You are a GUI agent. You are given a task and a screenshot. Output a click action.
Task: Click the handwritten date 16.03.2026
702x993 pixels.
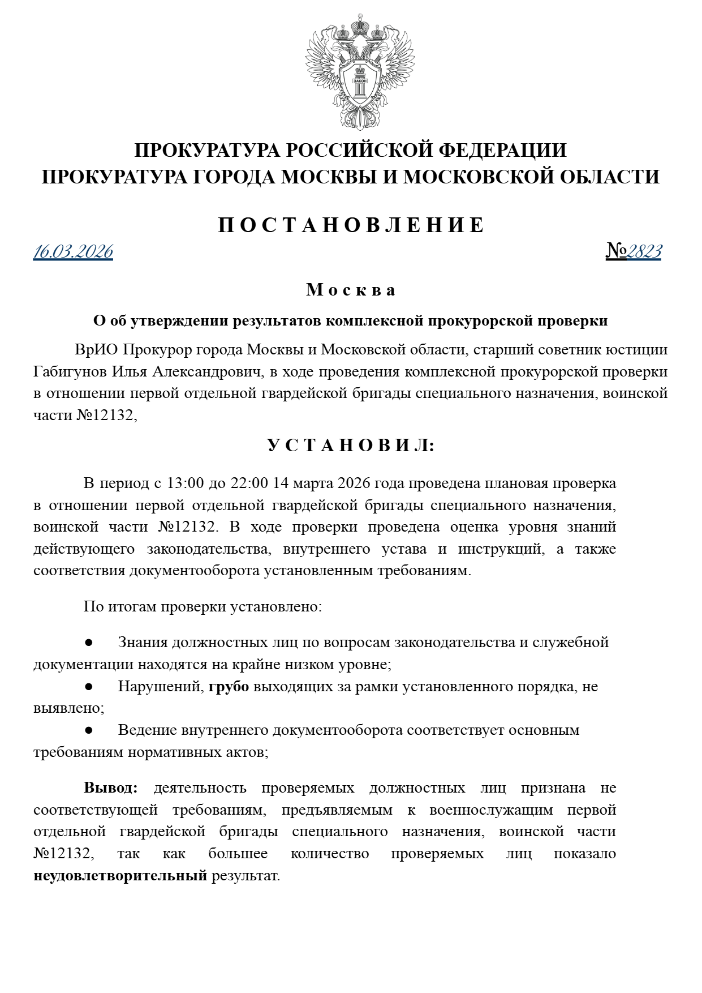[x=73, y=251]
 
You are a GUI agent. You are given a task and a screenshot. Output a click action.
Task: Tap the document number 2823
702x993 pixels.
[x=644, y=251]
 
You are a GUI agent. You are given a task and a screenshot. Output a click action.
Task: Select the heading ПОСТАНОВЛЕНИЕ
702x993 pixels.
[x=351, y=225]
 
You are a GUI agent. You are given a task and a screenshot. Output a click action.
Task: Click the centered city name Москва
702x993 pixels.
[x=351, y=290]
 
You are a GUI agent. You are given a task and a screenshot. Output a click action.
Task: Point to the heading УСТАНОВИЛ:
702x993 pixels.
[x=351, y=446]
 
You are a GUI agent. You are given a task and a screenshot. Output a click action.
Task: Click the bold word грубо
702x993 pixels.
[x=229, y=686]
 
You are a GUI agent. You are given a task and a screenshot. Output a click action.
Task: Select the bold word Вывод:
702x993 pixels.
[x=111, y=787]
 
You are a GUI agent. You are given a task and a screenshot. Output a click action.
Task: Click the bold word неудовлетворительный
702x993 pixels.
[x=120, y=876]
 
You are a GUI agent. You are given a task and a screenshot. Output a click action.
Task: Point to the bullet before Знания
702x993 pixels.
[x=88, y=643]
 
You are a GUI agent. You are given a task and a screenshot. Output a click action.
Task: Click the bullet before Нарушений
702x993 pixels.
[x=88, y=686]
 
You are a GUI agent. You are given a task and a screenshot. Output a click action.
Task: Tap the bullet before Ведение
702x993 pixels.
[x=88, y=730]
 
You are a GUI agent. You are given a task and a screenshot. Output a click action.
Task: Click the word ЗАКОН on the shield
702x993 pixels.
[x=360, y=81]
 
